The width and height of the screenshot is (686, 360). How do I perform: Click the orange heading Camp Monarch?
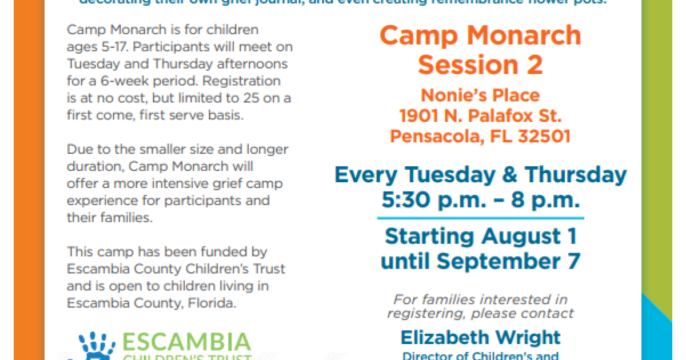pyautogui.click(x=480, y=36)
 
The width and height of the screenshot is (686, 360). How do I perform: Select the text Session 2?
pyautogui.click(x=480, y=65)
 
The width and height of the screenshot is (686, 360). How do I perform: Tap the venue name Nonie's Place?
pyautogui.click(x=480, y=95)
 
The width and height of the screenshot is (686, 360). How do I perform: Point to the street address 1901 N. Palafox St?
pyautogui.click(x=480, y=116)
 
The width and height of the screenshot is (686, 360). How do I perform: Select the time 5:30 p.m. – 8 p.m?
pyautogui.click(x=480, y=200)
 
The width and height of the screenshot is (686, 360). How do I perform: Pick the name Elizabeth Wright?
pyautogui.click(x=480, y=337)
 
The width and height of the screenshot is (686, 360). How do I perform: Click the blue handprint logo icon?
pyautogui.click(x=97, y=346)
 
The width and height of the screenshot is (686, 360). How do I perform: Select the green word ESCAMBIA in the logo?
pyautogui.click(x=186, y=342)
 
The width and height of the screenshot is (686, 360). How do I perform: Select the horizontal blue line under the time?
pyautogui.click(x=480, y=218)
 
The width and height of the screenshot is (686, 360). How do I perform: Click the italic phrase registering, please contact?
pyautogui.click(x=480, y=313)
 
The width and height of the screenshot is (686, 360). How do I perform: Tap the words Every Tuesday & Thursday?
pyautogui.click(x=480, y=174)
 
